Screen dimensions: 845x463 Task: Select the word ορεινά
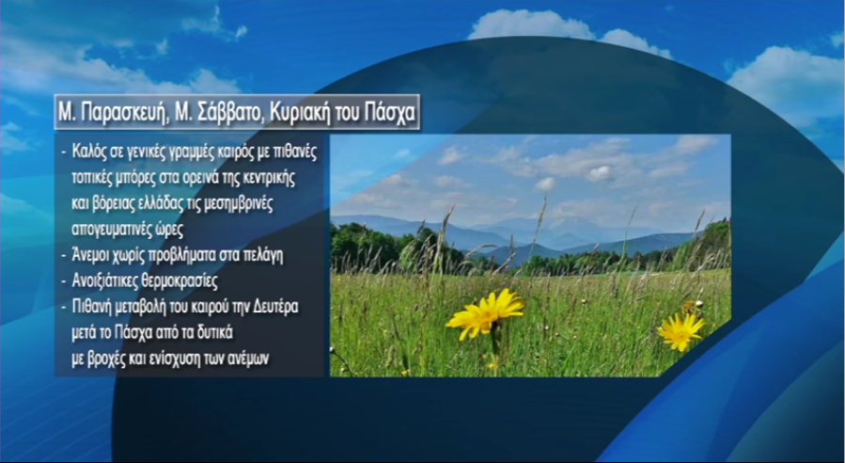[x=199, y=179]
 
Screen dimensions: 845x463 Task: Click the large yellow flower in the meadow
[x=485, y=313]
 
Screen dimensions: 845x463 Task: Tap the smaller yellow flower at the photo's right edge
[x=681, y=331]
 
